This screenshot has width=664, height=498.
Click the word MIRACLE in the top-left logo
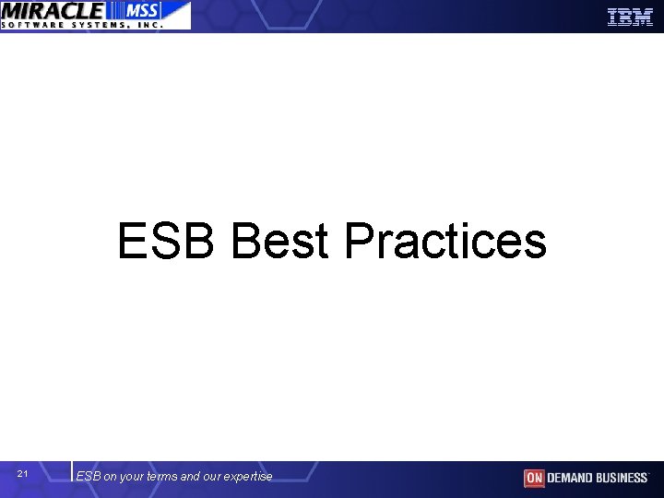pyautogui.click(x=53, y=10)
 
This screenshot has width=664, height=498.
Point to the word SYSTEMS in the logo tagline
pyautogui.click(x=101, y=25)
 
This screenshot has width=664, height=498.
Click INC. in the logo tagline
pyautogui.click(x=150, y=25)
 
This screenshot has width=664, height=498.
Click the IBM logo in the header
pyautogui.click(x=630, y=17)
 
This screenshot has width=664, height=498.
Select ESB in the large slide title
pyautogui.click(x=166, y=241)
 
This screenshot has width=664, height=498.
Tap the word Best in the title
pyautogui.click(x=279, y=241)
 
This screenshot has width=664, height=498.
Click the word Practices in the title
pyautogui.click(x=445, y=241)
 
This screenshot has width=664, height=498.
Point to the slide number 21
pyautogui.click(x=23, y=474)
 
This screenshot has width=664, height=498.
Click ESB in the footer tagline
pyautogui.click(x=89, y=477)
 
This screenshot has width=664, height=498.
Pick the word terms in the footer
pyautogui.click(x=163, y=477)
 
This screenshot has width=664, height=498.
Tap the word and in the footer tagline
pyautogui.click(x=191, y=477)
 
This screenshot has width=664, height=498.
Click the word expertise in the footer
pyautogui.click(x=249, y=477)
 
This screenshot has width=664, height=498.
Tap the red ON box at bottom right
pyautogui.click(x=534, y=478)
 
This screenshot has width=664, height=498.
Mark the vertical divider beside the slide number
pyautogui.click(x=72, y=471)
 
